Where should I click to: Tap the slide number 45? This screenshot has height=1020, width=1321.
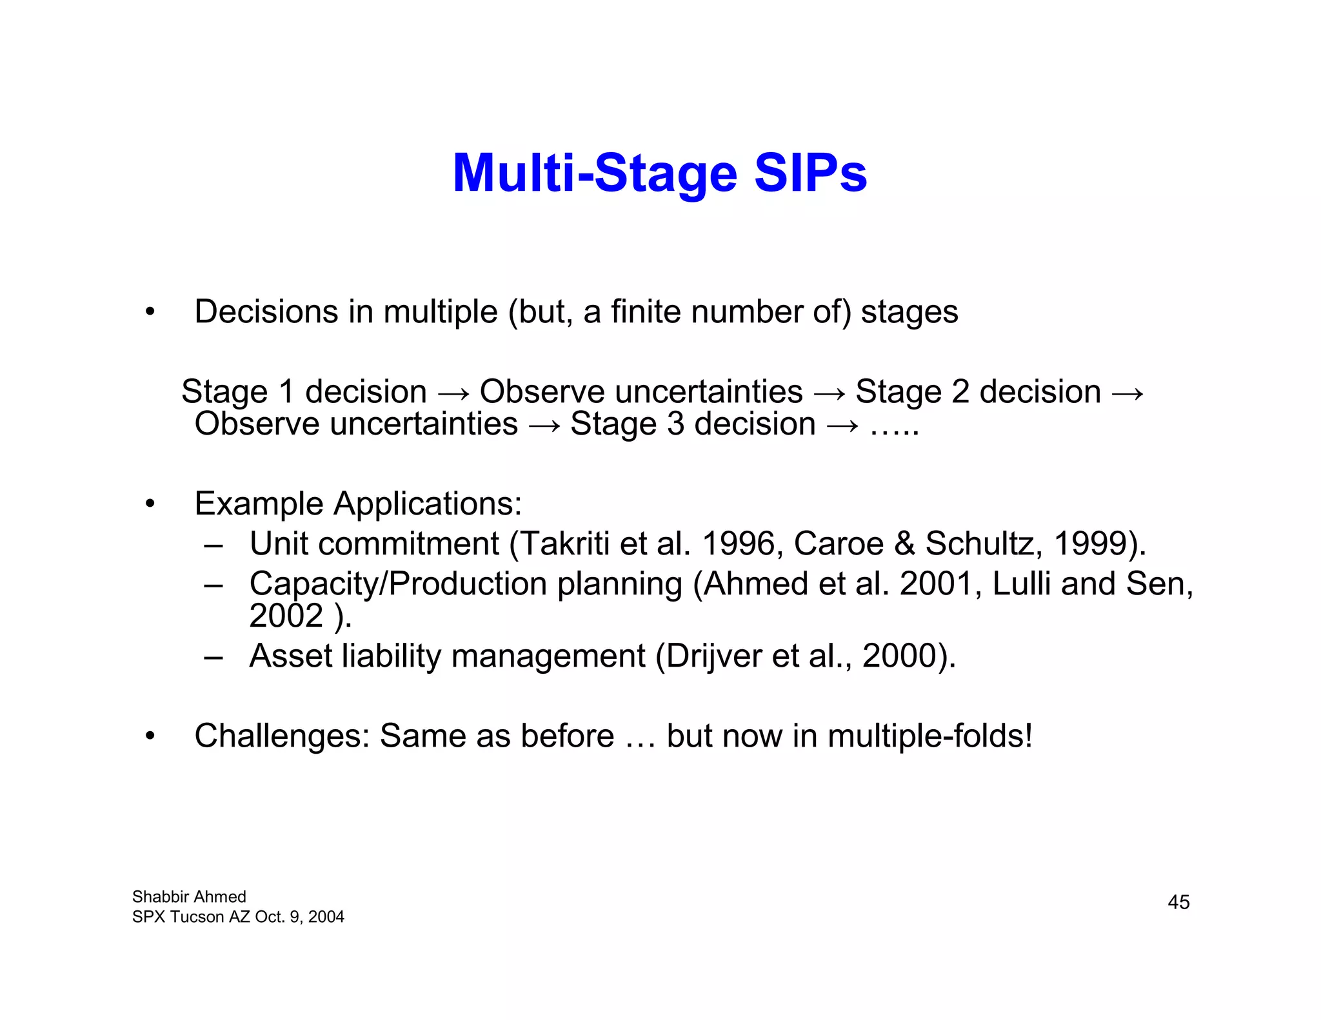coord(1178,902)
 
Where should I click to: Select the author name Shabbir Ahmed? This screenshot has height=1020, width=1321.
coord(189,897)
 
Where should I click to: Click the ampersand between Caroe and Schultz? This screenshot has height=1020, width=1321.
coord(904,544)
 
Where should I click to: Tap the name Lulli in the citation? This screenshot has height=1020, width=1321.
coord(1021,584)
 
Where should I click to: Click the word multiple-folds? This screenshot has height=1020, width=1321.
coord(930,736)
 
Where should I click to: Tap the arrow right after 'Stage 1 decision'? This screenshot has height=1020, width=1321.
coord(453,393)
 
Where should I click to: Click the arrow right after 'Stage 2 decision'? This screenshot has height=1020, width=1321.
coord(1128,393)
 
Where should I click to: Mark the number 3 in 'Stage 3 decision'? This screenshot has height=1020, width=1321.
coord(675,424)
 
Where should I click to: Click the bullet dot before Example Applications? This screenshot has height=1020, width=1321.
coord(150,504)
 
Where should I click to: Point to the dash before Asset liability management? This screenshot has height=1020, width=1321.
coord(214,657)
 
